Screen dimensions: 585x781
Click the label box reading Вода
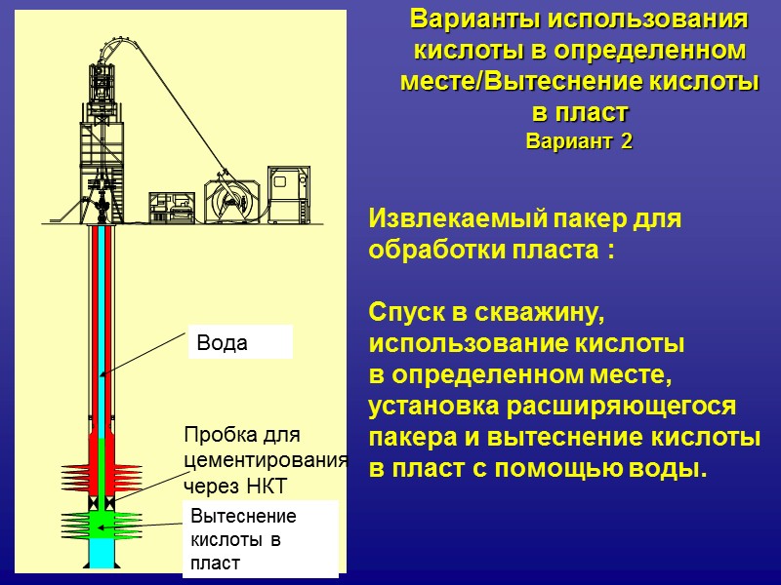(x=239, y=342)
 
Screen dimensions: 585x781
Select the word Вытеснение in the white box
(x=243, y=517)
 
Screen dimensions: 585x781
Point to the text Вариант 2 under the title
(x=579, y=141)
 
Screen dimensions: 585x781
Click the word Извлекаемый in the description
(x=450, y=218)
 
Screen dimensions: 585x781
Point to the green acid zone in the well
(x=103, y=524)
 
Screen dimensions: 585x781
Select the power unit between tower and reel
(x=172, y=207)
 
